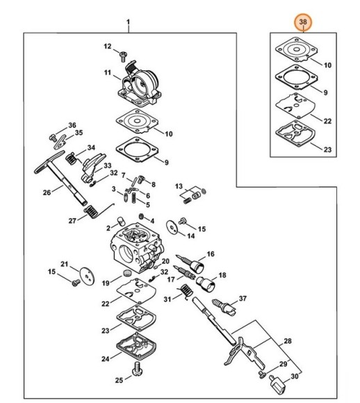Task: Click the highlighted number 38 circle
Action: point(303,23)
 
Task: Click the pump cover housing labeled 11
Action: point(141,84)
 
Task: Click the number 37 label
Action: point(243,299)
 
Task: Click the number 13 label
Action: point(178,188)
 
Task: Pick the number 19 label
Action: point(106,283)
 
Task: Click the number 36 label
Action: point(72,125)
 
